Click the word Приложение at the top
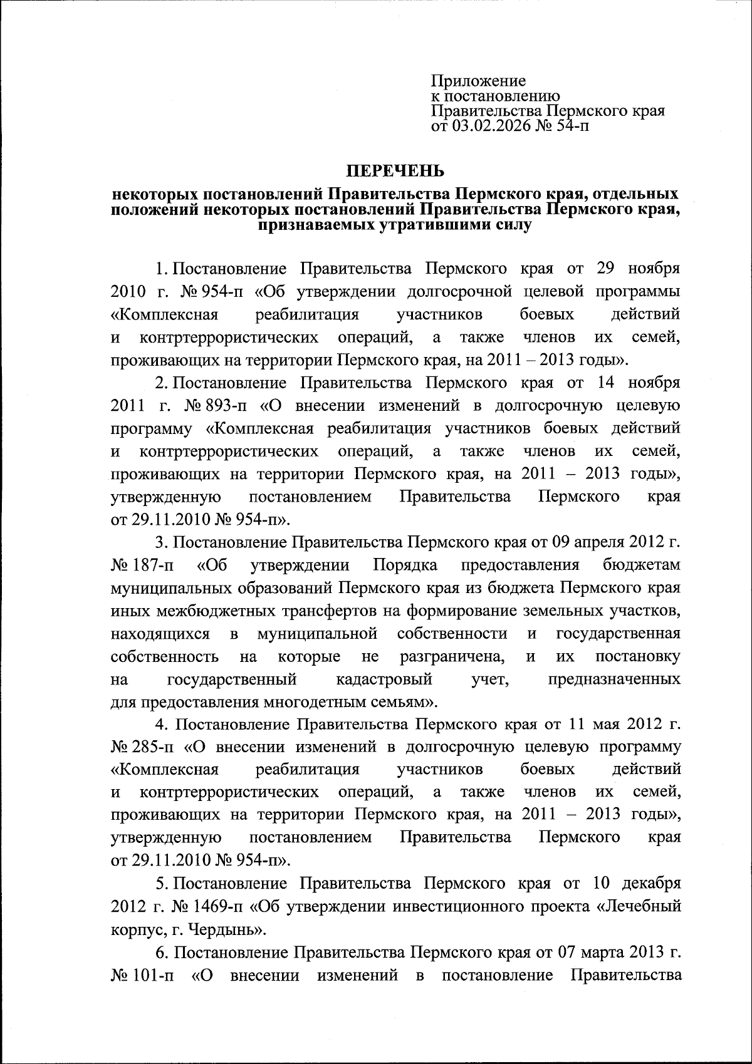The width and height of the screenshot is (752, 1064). coord(478,81)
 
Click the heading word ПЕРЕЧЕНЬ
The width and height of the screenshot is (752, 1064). coord(396,171)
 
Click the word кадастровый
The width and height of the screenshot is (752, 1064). coord(384,679)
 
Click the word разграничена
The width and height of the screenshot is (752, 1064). coord(452,656)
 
